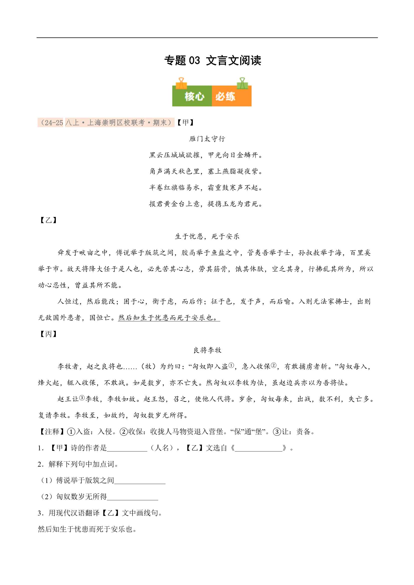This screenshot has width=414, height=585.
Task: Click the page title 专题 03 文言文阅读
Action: pos(212,61)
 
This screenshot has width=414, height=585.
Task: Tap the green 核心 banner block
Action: pos(192,96)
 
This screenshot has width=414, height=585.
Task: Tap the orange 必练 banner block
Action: pos(231,96)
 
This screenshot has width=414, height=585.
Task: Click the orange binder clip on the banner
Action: pos(181,83)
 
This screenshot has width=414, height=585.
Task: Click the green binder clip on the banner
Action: pos(242,83)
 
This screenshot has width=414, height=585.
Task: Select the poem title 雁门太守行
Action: pos(207,139)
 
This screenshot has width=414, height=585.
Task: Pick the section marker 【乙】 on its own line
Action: pos(48,220)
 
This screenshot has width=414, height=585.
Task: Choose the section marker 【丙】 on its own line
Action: pos(48,334)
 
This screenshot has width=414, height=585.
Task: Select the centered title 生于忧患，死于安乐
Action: pos(207,236)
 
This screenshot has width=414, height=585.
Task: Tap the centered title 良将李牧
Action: pos(207,350)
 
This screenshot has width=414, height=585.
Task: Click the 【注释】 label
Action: pos(52,432)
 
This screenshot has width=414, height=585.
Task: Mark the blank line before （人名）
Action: pos(127,448)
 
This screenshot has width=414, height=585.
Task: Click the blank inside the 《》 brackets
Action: pos(258,448)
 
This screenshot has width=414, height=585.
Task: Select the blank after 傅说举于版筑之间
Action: pos(140,481)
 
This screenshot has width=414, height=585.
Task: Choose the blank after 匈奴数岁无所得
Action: pos(133,497)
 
